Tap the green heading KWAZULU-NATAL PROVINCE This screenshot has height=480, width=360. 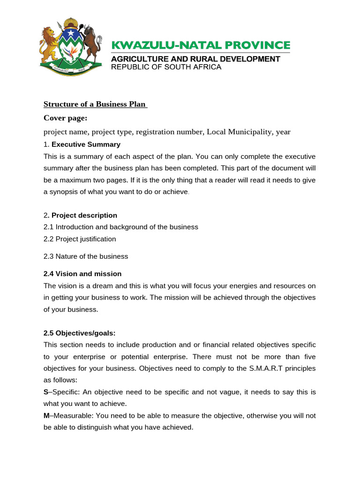(201, 45)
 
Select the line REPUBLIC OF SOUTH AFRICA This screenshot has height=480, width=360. (166, 67)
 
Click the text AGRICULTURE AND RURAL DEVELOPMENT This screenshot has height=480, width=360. (195, 59)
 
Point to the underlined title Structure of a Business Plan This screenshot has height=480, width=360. (95, 104)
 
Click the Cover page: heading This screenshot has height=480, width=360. (66, 118)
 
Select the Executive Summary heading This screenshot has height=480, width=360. (86, 144)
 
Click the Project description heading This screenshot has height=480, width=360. (84, 216)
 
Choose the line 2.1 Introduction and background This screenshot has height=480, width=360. (121, 227)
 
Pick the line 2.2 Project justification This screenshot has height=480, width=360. (80, 239)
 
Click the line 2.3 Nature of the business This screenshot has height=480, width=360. (86, 256)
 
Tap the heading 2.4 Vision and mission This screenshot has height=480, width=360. (82, 274)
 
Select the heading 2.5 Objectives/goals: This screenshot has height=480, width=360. (79, 333)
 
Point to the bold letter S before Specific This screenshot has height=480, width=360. (46, 392)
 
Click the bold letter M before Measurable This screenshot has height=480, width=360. (46, 415)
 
